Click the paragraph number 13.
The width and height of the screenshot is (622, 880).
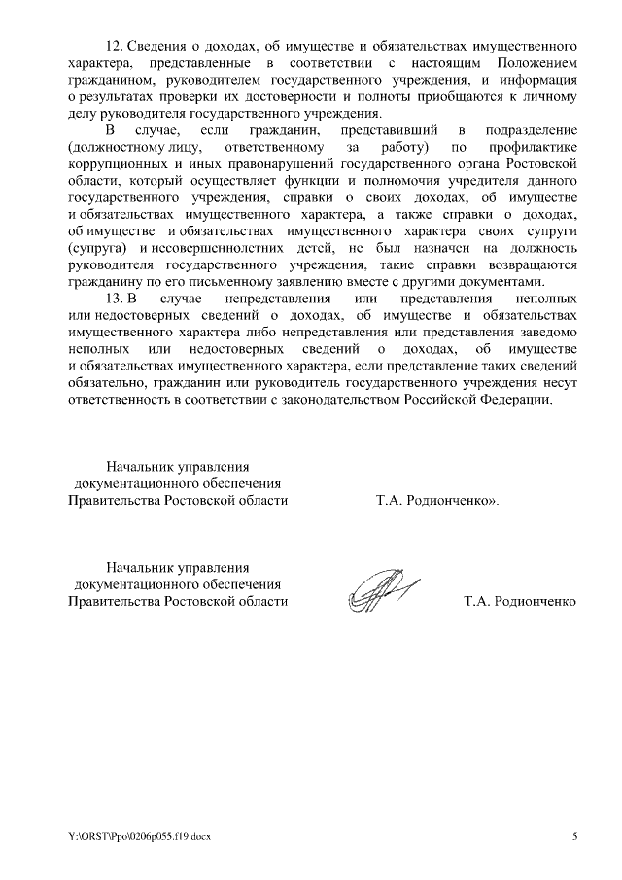tap(113, 299)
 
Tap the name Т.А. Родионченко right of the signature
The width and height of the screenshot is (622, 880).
tap(521, 601)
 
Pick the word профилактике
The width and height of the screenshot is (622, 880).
tap(530, 147)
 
